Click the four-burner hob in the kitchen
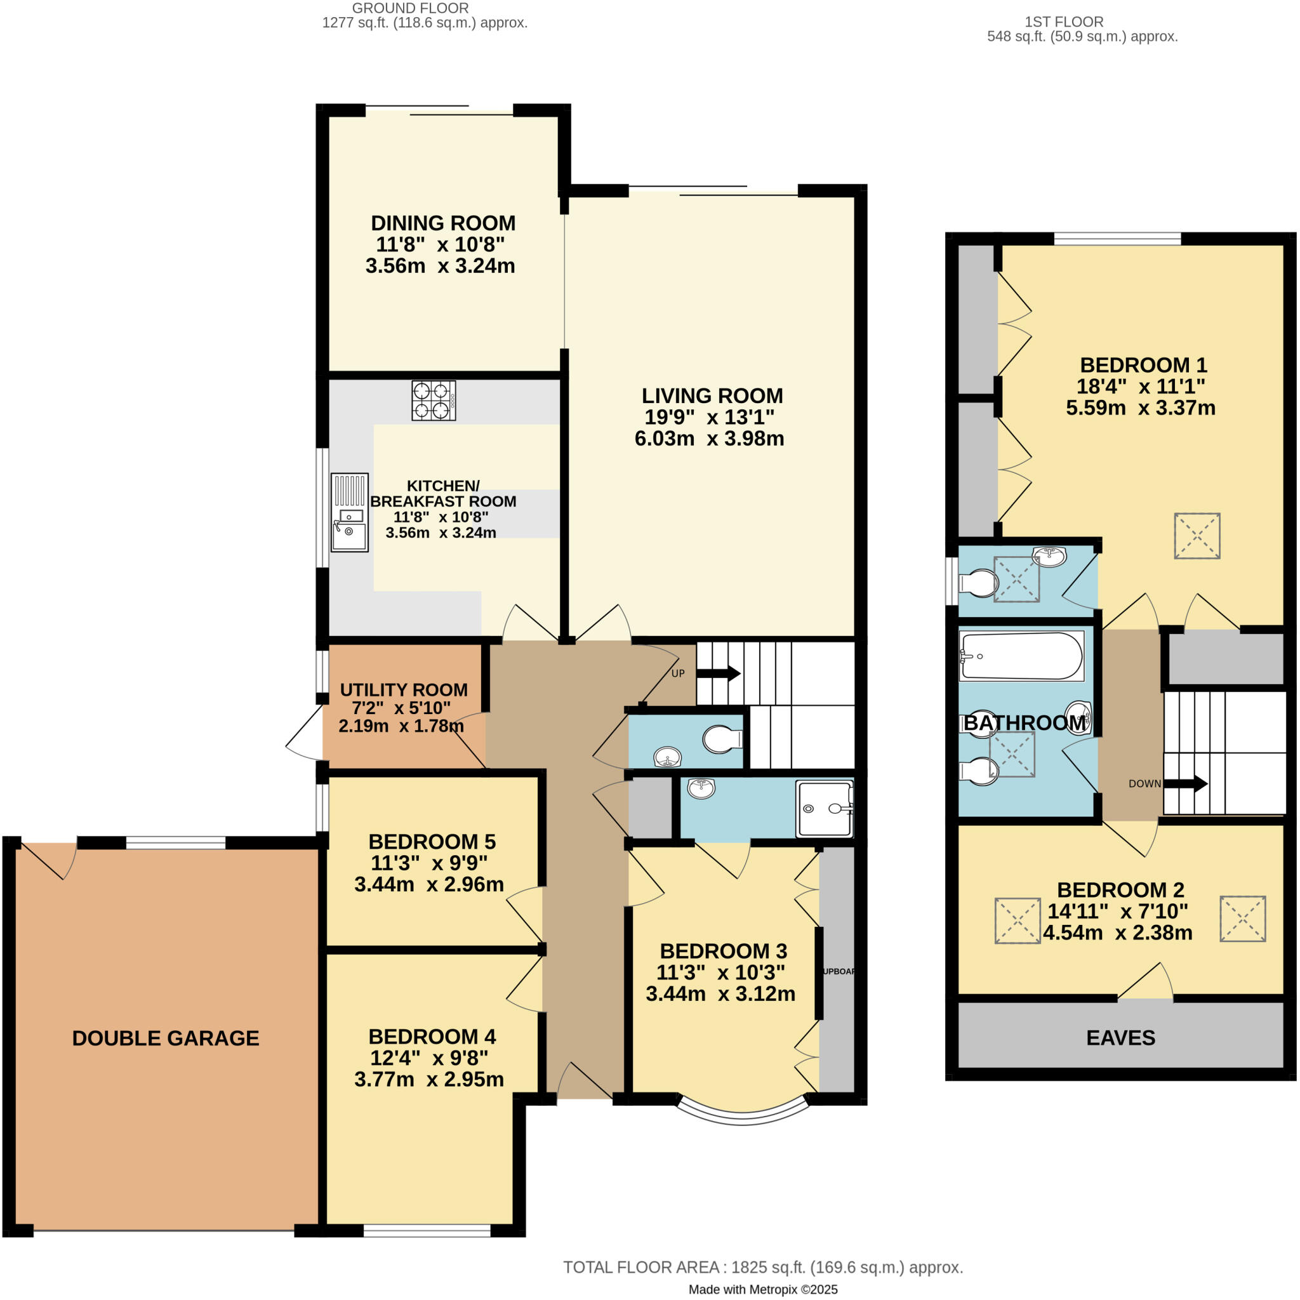pyautogui.click(x=434, y=401)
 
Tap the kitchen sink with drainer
pyautogui.click(x=349, y=513)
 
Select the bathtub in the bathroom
pyautogui.click(x=1021, y=657)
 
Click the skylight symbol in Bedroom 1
pyautogui.click(x=1197, y=536)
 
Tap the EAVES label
pyautogui.click(x=1120, y=1038)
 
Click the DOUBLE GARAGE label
pyautogui.click(x=166, y=1038)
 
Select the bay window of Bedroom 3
pyautogui.click(x=742, y=1115)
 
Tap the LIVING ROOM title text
pyautogui.click(x=712, y=395)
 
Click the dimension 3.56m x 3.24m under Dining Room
pyautogui.click(x=440, y=266)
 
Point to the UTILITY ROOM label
pyautogui.click(x=403, y=690)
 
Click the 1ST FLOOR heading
pyautogui.click(x=1064, y=22)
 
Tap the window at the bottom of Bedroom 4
pyautogui.click(x=427, y=1231)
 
